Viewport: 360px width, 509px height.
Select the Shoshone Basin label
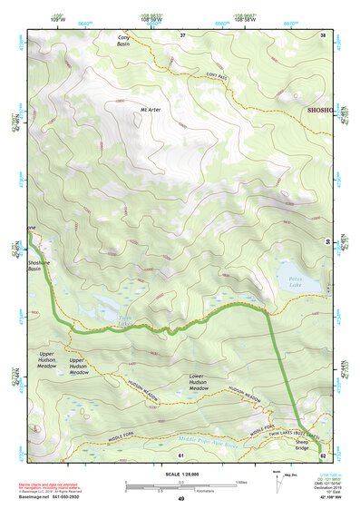coord(39,265)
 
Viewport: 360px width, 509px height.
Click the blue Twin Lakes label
coord(124,321)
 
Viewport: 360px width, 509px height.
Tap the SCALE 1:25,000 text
coord(180,475)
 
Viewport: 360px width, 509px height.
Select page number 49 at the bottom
coord(180,498)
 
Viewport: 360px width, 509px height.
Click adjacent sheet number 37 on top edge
coord(181,35)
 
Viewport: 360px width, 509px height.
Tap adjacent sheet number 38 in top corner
coord(322,35)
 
